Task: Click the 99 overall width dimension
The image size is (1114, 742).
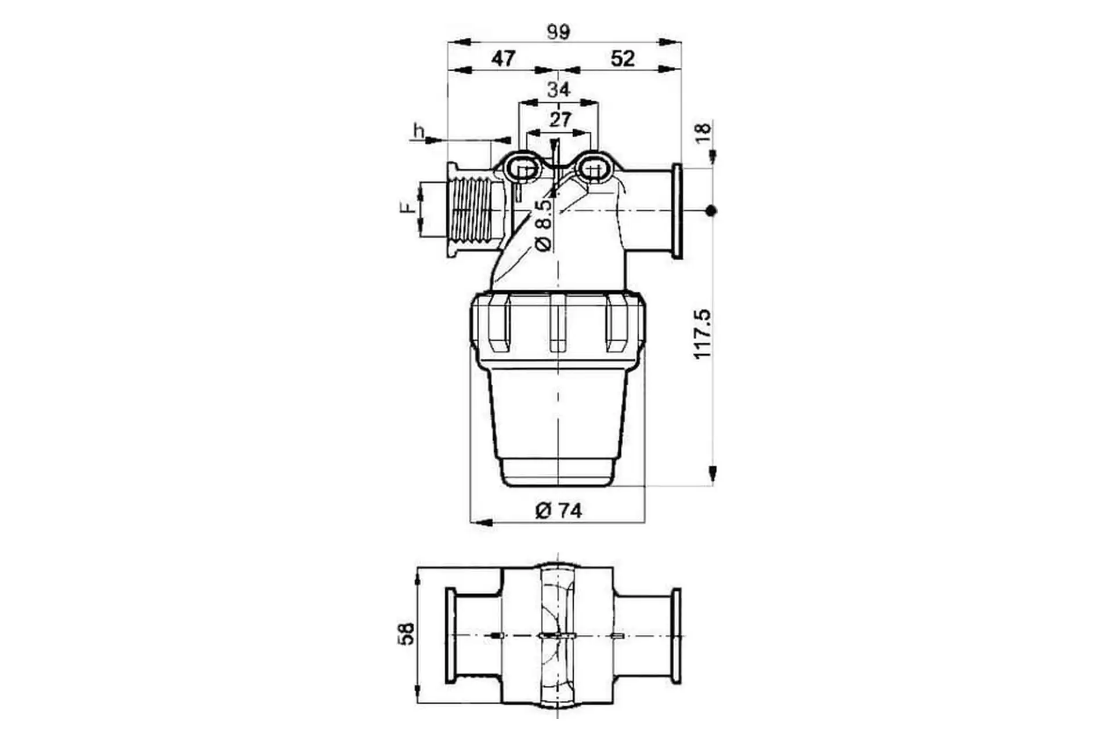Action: (x=558, y=32)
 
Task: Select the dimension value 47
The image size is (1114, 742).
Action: (x=503, y=59)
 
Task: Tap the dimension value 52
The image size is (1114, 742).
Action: (x=623, y=59)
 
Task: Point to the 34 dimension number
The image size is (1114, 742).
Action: (x=558, y=90)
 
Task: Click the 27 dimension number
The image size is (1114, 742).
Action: (x=560, y=120)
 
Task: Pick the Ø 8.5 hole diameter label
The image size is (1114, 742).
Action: (x=544, y=225)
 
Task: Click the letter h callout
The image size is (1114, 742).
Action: (x=418, y=131)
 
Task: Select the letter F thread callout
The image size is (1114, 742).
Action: (x=409, y=208)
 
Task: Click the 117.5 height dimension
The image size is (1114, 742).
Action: (x=702, y=334)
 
